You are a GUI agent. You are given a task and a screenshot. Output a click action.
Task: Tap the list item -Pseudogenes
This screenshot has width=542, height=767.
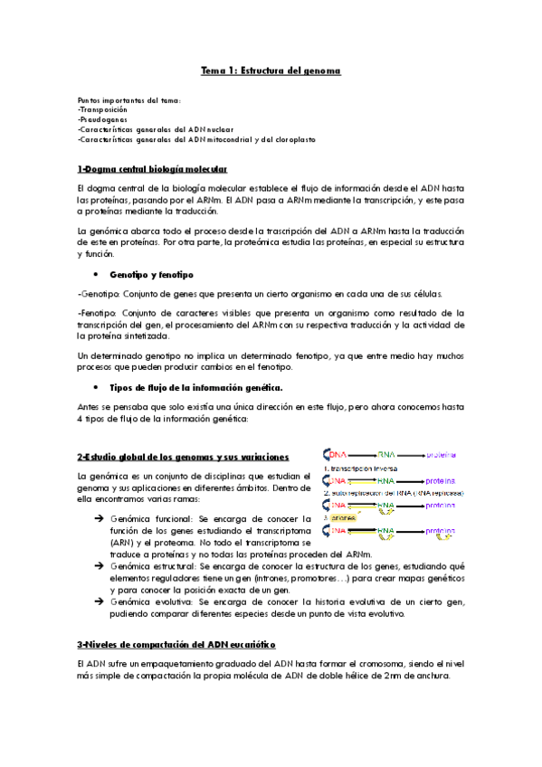[102, 118]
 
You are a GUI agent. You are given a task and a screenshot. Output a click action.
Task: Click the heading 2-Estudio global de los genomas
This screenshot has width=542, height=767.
[183, 456]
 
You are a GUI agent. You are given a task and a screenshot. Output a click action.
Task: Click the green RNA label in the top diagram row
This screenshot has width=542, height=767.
[386, 454]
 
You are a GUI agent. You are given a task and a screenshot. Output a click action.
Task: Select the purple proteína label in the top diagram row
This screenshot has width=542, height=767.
[441, 454]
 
